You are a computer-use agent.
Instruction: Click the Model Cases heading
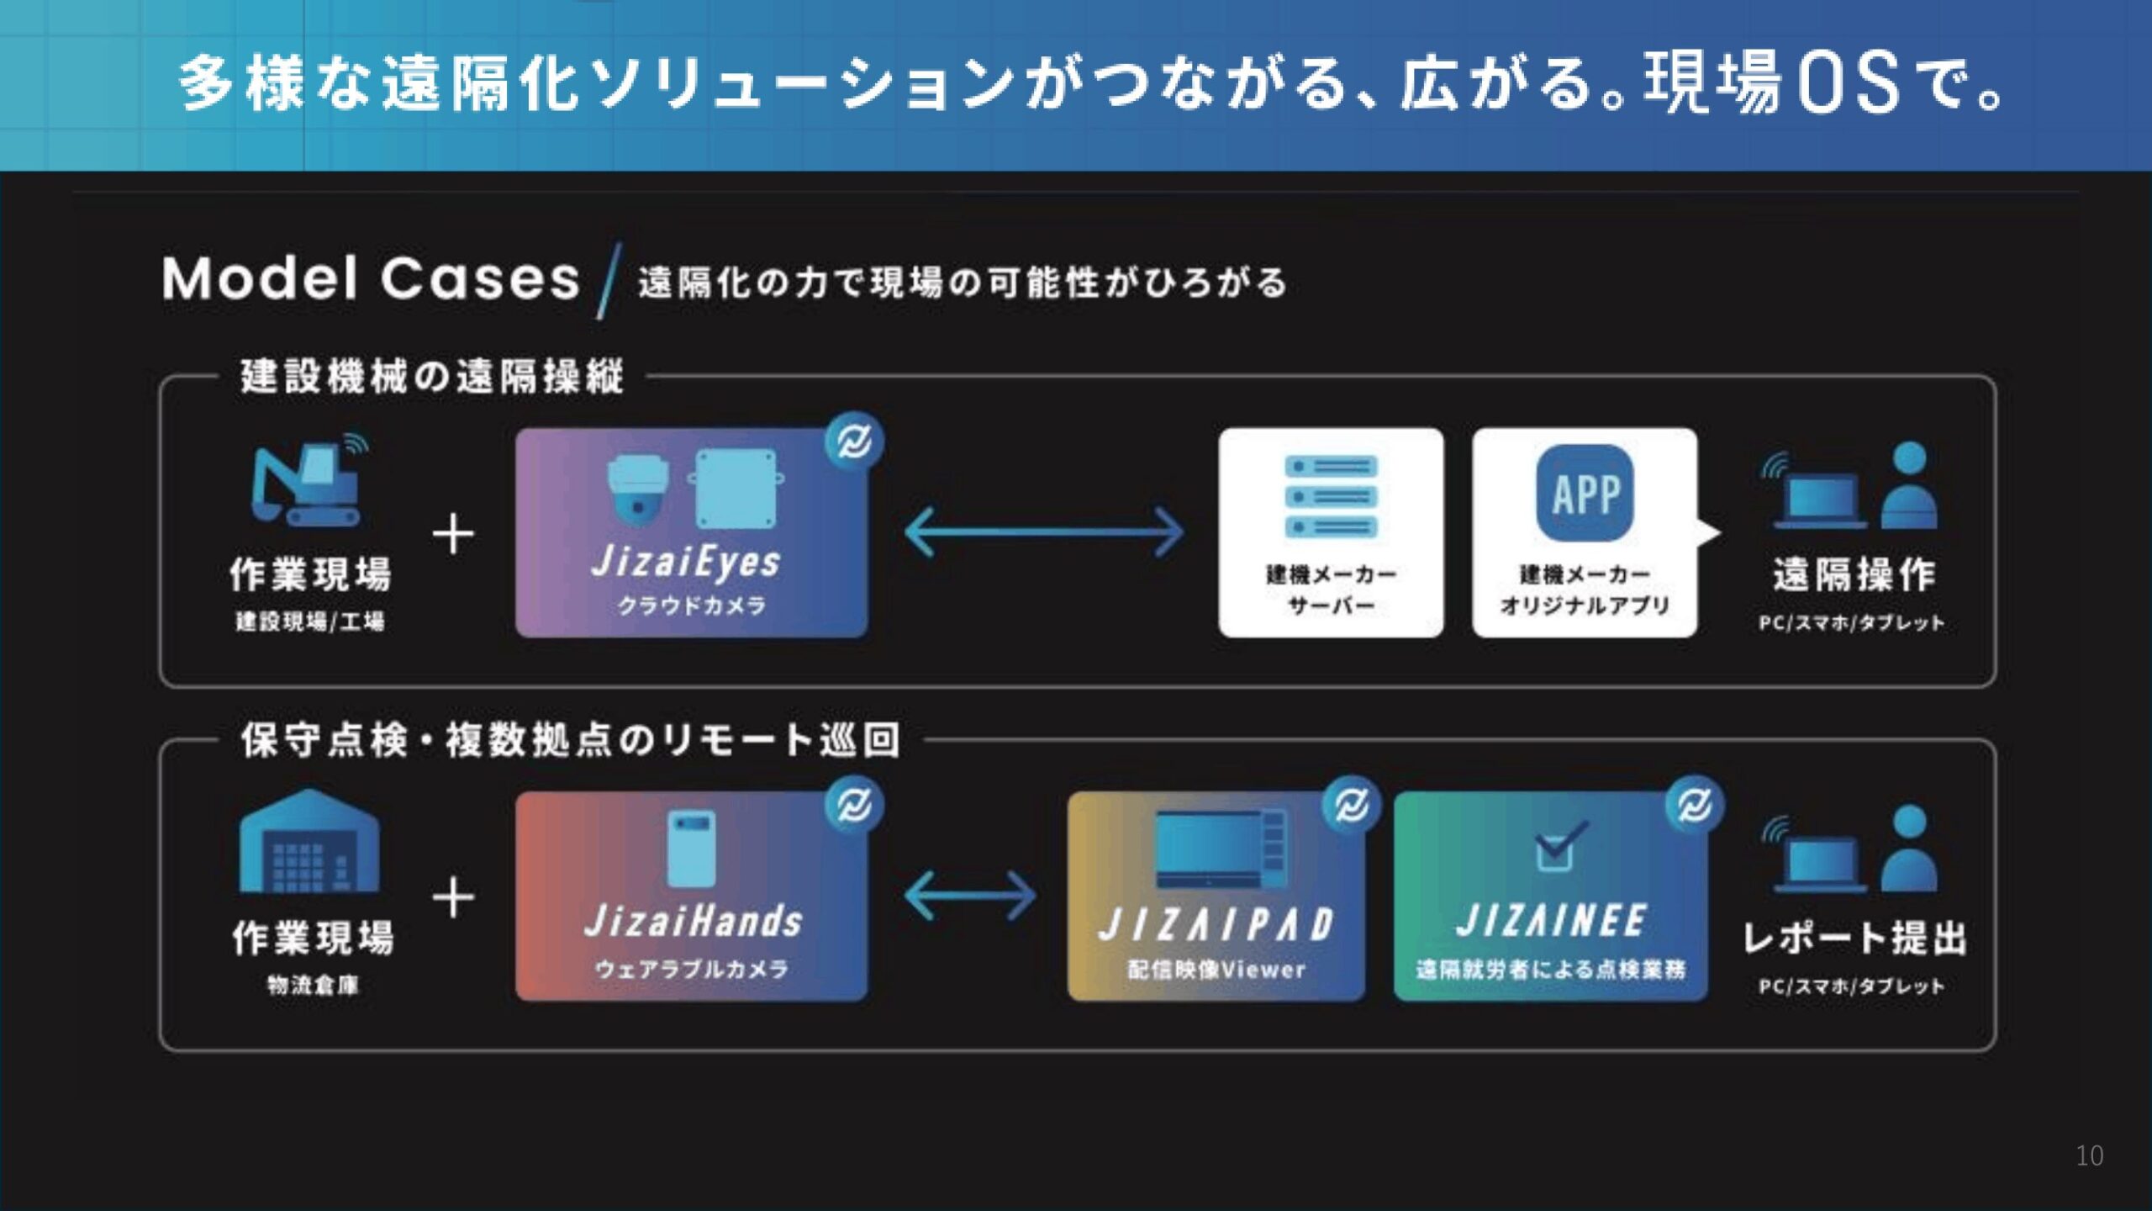tap(371, 278)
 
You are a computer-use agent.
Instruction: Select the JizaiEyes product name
tap(686, 562)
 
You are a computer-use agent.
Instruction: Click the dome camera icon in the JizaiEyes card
tap(638, 491)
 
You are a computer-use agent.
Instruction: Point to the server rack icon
tap(1331, 496)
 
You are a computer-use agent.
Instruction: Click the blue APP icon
tap(1585, 493)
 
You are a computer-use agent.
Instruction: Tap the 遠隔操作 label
tap(1854, 575)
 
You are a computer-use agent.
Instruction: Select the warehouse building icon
tap(309, 840)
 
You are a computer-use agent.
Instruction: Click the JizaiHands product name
tap(694, 922)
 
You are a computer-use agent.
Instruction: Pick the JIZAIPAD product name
tap(1216, 924)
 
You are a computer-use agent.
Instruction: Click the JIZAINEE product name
tap(1551, 921)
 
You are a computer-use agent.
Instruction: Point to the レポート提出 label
tap(1854, 939)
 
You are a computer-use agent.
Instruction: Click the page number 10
tap(2090, 1155)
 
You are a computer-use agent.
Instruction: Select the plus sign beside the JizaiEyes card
tap(453, 534)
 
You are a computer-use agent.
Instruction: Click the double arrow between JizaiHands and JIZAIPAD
tap(970, 896)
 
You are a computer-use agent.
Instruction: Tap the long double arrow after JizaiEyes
tap(1044, 531)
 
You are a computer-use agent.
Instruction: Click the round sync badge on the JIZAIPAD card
tap(1351, 805)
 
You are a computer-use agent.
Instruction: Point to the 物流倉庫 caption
tap(313, 986)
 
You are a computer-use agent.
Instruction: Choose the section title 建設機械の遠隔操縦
tap(432, 376)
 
